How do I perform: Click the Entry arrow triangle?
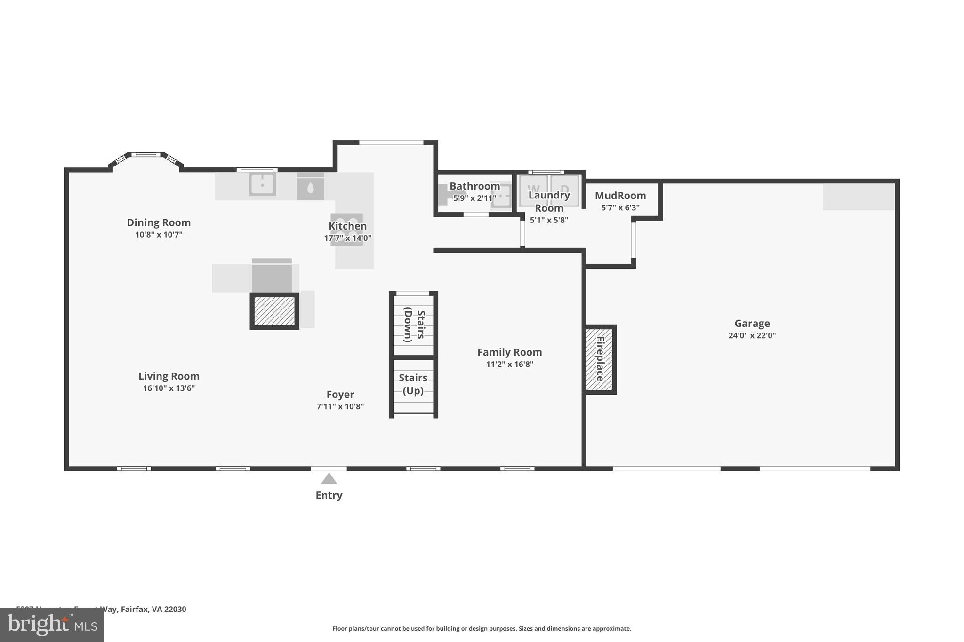(329, 479)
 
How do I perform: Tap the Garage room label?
(752, 323)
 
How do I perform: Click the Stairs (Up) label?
(413, 384)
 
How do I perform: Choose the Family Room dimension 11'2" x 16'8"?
(509, 364)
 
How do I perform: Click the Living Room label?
(169, 376)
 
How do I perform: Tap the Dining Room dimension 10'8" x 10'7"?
(159, 234)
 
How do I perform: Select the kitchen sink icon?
(262, 184)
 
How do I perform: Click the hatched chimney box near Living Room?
(274, 311)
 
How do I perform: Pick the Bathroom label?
(474, 186)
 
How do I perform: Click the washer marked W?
(533, 190)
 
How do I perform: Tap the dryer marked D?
(564, 190)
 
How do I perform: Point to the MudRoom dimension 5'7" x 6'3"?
(620, 207)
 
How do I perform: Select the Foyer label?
(340, 394)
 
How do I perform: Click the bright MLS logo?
(52, 625)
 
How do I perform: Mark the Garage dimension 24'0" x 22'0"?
(752, 335)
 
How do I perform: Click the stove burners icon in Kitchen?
(347, 229)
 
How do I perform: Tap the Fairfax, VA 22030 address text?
(153, 609)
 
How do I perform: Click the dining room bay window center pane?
(146, 154)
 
